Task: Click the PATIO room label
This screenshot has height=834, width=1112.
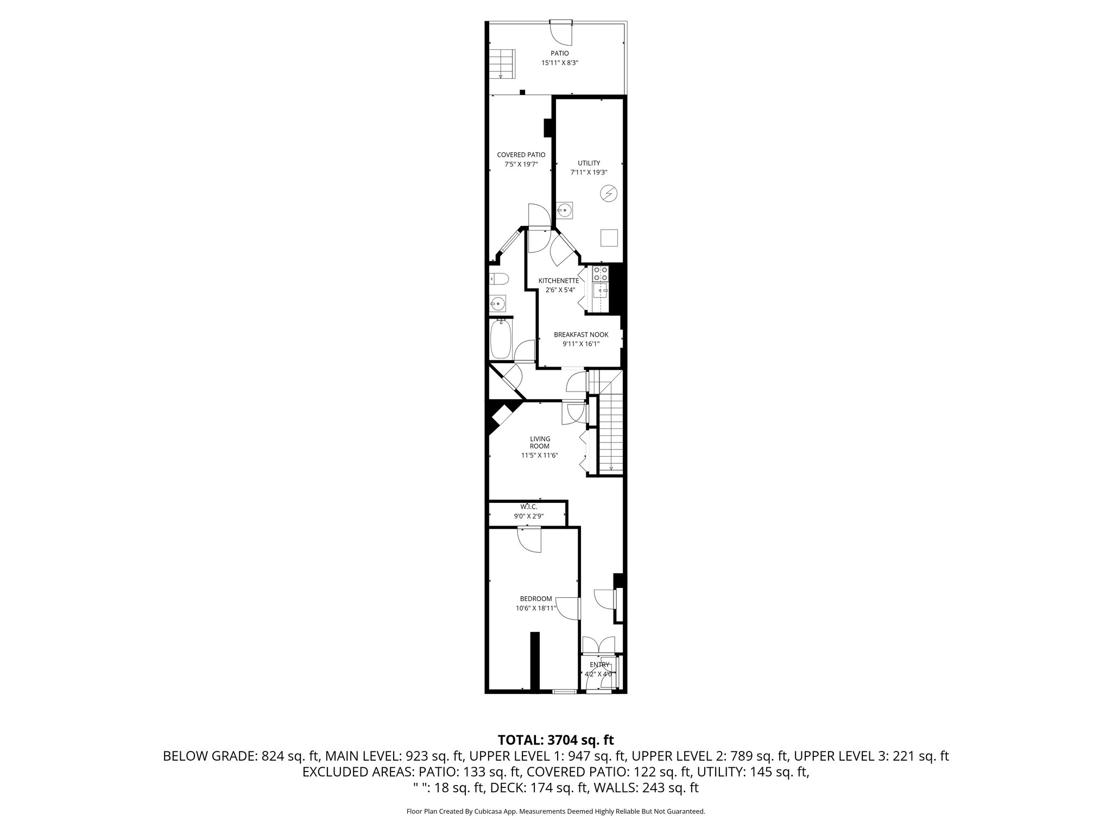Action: coord(559,53)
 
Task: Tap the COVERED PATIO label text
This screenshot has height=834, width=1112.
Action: coord(521,155)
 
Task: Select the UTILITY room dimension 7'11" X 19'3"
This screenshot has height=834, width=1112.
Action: coord(589,172)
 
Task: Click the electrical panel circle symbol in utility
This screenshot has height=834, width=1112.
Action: coord(608,193)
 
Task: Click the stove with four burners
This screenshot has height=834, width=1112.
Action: coord(601,273)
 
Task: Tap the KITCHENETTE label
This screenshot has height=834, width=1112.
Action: coord(558,280)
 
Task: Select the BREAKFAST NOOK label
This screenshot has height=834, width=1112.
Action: coord(581,334)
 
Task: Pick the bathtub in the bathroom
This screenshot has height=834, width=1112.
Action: coord(501,339)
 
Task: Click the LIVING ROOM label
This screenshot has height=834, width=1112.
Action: coord(540,442)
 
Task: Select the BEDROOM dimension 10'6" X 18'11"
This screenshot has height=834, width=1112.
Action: coord(536,609)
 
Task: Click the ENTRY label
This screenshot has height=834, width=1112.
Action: coord(599,665)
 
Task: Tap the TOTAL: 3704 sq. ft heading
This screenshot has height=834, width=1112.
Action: coord(555,740)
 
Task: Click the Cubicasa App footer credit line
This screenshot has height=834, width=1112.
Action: coord(555,812)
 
